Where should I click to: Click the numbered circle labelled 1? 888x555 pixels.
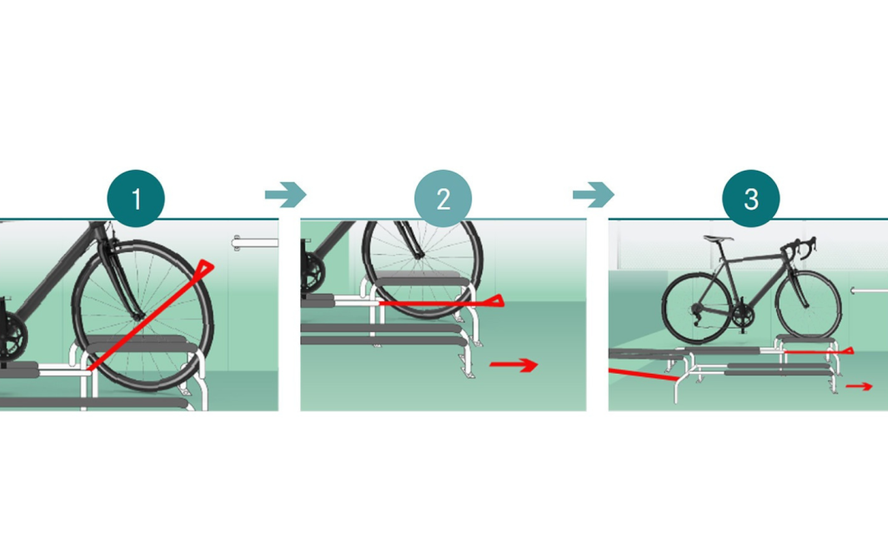tap(136, 199)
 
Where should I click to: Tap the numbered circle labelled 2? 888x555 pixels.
tap(443, 199)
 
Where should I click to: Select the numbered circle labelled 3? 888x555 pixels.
tap(751, 199)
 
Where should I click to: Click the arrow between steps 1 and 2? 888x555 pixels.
tap(285, 195)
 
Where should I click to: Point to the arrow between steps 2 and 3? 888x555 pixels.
tap(593, 195)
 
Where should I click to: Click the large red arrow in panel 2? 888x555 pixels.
tap(513, 365)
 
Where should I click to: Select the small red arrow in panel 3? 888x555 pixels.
tap(859, 386)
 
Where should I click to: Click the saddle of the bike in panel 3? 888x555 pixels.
tap(718, 238)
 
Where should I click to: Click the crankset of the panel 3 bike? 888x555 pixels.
tap(741, 317)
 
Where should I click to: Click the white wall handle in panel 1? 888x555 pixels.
tap(255, 244)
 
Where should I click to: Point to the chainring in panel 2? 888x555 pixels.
tap(312, 273)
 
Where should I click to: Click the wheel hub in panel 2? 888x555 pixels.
tap(419, 256)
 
